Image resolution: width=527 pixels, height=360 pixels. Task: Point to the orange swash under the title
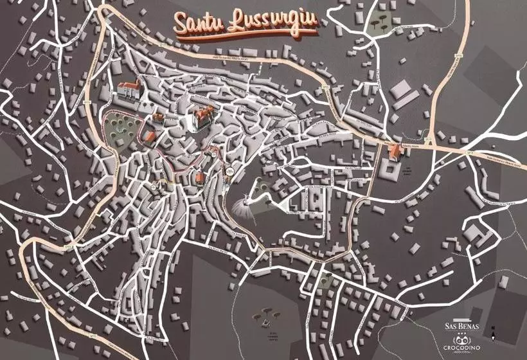tap(247, 35)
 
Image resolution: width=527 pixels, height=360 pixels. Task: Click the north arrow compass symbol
tap(492, 333)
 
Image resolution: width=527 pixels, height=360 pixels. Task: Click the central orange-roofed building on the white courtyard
tap(203, 117)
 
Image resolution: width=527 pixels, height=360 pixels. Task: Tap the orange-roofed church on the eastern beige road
tap(397, 152)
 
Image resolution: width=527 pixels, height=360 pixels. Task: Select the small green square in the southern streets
tap(326, 280)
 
